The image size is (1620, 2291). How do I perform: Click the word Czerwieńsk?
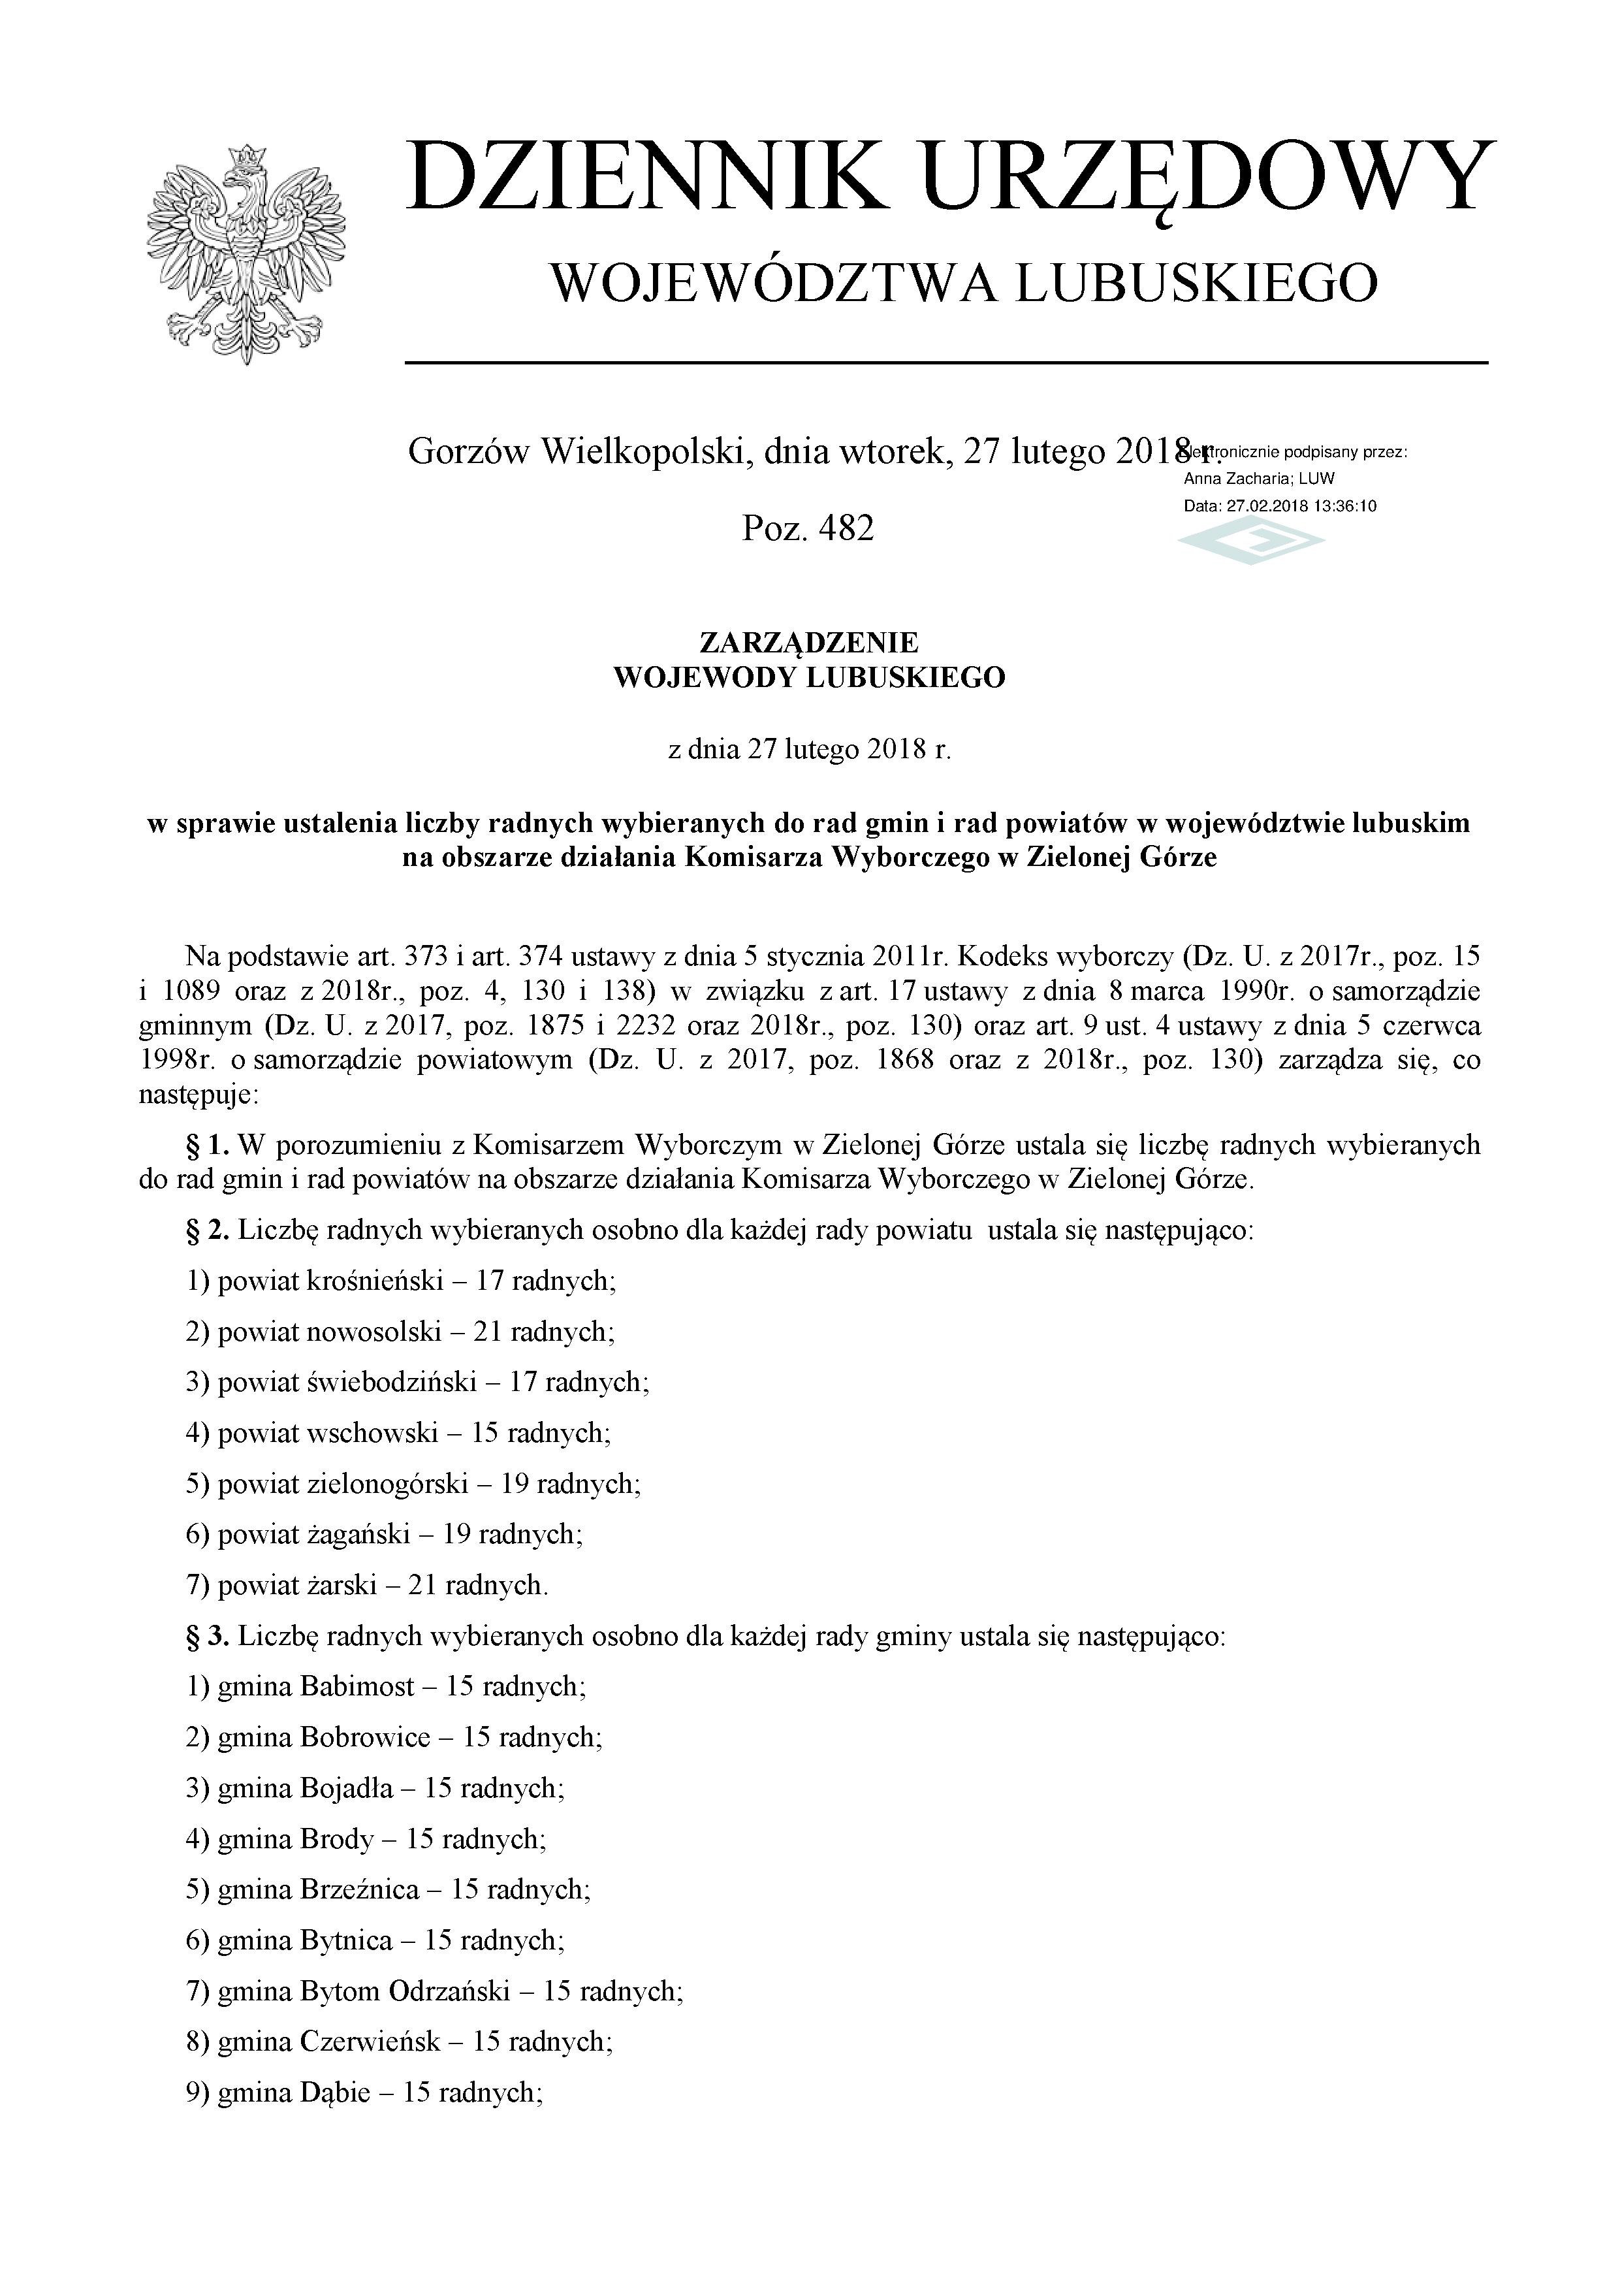click(x=369, y=2042)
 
